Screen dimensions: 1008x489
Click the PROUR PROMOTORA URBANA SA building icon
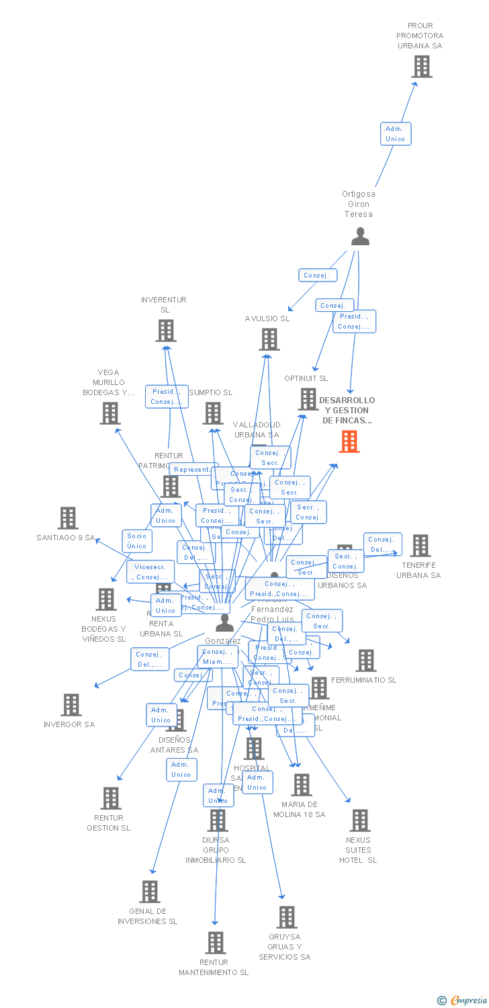pyautogui.click(x=422, y=67)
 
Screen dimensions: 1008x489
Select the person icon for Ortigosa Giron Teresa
pyautogui.click(x=360, y=237)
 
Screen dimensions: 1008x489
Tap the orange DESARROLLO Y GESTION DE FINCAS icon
pyautogui.click(x=349, y=442)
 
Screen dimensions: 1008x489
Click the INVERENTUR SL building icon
pyautogui.click(x=166, y=331)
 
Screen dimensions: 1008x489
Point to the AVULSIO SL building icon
pyautogui.click(x=269, y=339)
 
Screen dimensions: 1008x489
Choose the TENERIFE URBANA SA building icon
pyautogui.click(x=420, y=546)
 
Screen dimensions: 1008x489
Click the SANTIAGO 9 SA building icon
pyautogui.click(x=68, y=518)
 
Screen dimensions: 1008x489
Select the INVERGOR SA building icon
pyautogui.click(x=71, y=705)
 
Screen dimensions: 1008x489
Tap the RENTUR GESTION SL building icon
pyautogui.click(x=111, y=798)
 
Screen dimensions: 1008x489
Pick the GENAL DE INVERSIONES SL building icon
pyautogui.click(x=150, y=892)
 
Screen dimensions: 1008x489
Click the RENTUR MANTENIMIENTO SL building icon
pyautogui.click(x=216, y=943)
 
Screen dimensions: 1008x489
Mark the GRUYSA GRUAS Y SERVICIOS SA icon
pyautogui.click(x=287, y=917)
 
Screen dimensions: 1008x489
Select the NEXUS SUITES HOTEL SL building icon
pyautogui.click(x=360, y=821)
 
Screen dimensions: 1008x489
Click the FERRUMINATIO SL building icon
pyautogui.click(x=366, y=661)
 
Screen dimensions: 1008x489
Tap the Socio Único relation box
pyautogui.click(x=136, y=541)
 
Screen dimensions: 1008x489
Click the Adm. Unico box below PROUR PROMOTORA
pyautogui.click(x=395, y=134)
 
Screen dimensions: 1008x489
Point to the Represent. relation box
pyautogui.click(x=193, y=470)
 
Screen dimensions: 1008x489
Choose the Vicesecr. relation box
pyautogui.click(x=150, y=572)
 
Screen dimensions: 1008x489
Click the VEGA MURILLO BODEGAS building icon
pyautogui.click(x=110, y=413)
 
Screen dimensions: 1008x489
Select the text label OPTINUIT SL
pyautogui.click(x=306, y=378)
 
